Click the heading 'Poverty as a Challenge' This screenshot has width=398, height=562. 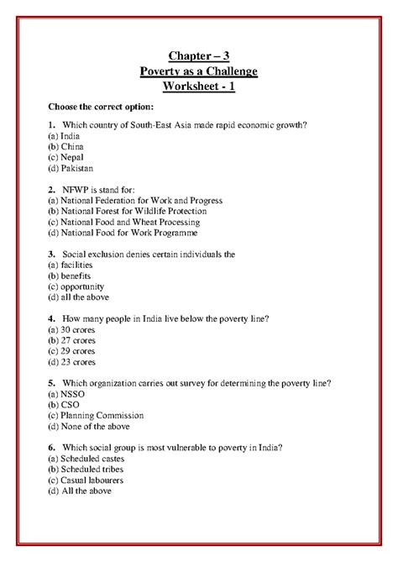coord(198,71)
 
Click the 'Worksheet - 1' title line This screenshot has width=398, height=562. coord(198,87)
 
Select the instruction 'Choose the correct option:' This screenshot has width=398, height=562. coord(100,109)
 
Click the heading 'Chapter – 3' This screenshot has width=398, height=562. coord(198,56)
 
